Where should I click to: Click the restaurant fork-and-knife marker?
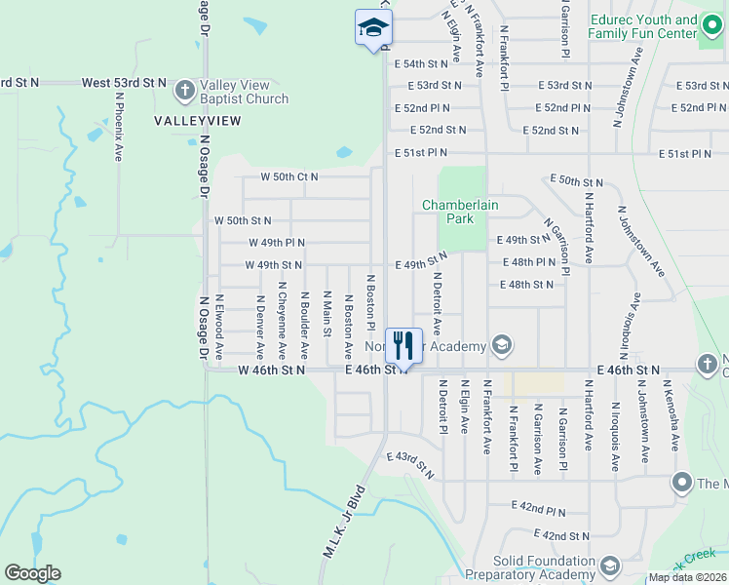[403, 345]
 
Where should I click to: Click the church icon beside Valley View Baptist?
[184, 92]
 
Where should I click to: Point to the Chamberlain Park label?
[447, 212]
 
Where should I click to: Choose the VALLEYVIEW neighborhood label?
[197, 120]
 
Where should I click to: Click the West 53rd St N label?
[124, 84]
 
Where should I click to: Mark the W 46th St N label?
[271, 370]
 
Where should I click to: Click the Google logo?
[32, 573]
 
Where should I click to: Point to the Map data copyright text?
[685, 577]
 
